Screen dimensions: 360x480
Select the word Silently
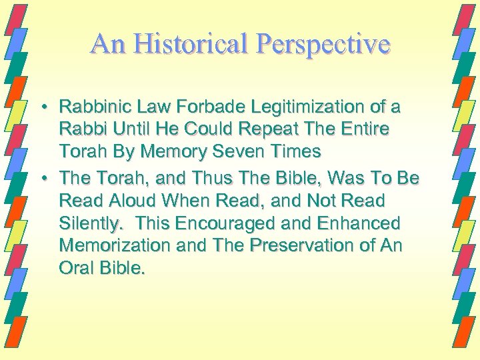pyautogui.click(x=89, y=222)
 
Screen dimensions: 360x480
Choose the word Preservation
pyautogui.click(x=309, y=245)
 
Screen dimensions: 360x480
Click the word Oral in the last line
pyautogui.click(x=75, y=267)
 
